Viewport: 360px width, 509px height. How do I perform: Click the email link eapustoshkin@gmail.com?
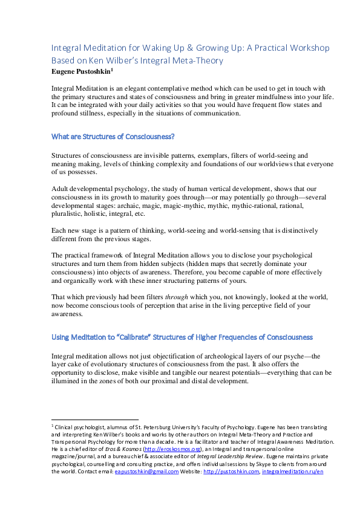click(x=147, y=472)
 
